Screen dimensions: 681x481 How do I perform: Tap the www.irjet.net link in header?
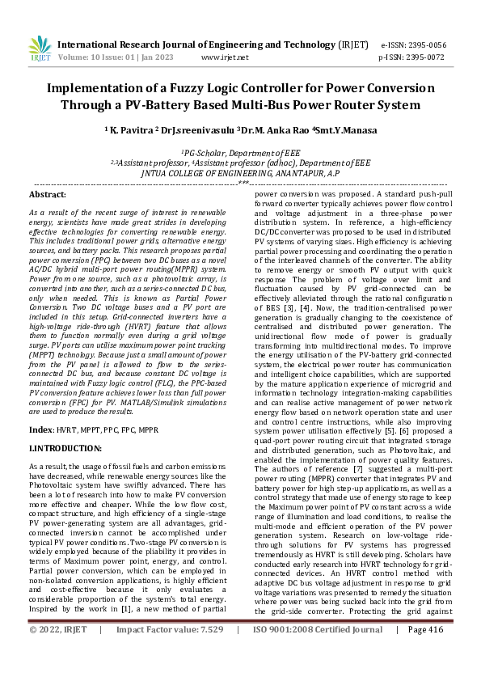222,58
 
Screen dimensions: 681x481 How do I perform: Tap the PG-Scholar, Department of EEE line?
239,151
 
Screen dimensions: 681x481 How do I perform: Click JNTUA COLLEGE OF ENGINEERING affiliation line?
239,172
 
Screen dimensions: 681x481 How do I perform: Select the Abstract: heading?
48,195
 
